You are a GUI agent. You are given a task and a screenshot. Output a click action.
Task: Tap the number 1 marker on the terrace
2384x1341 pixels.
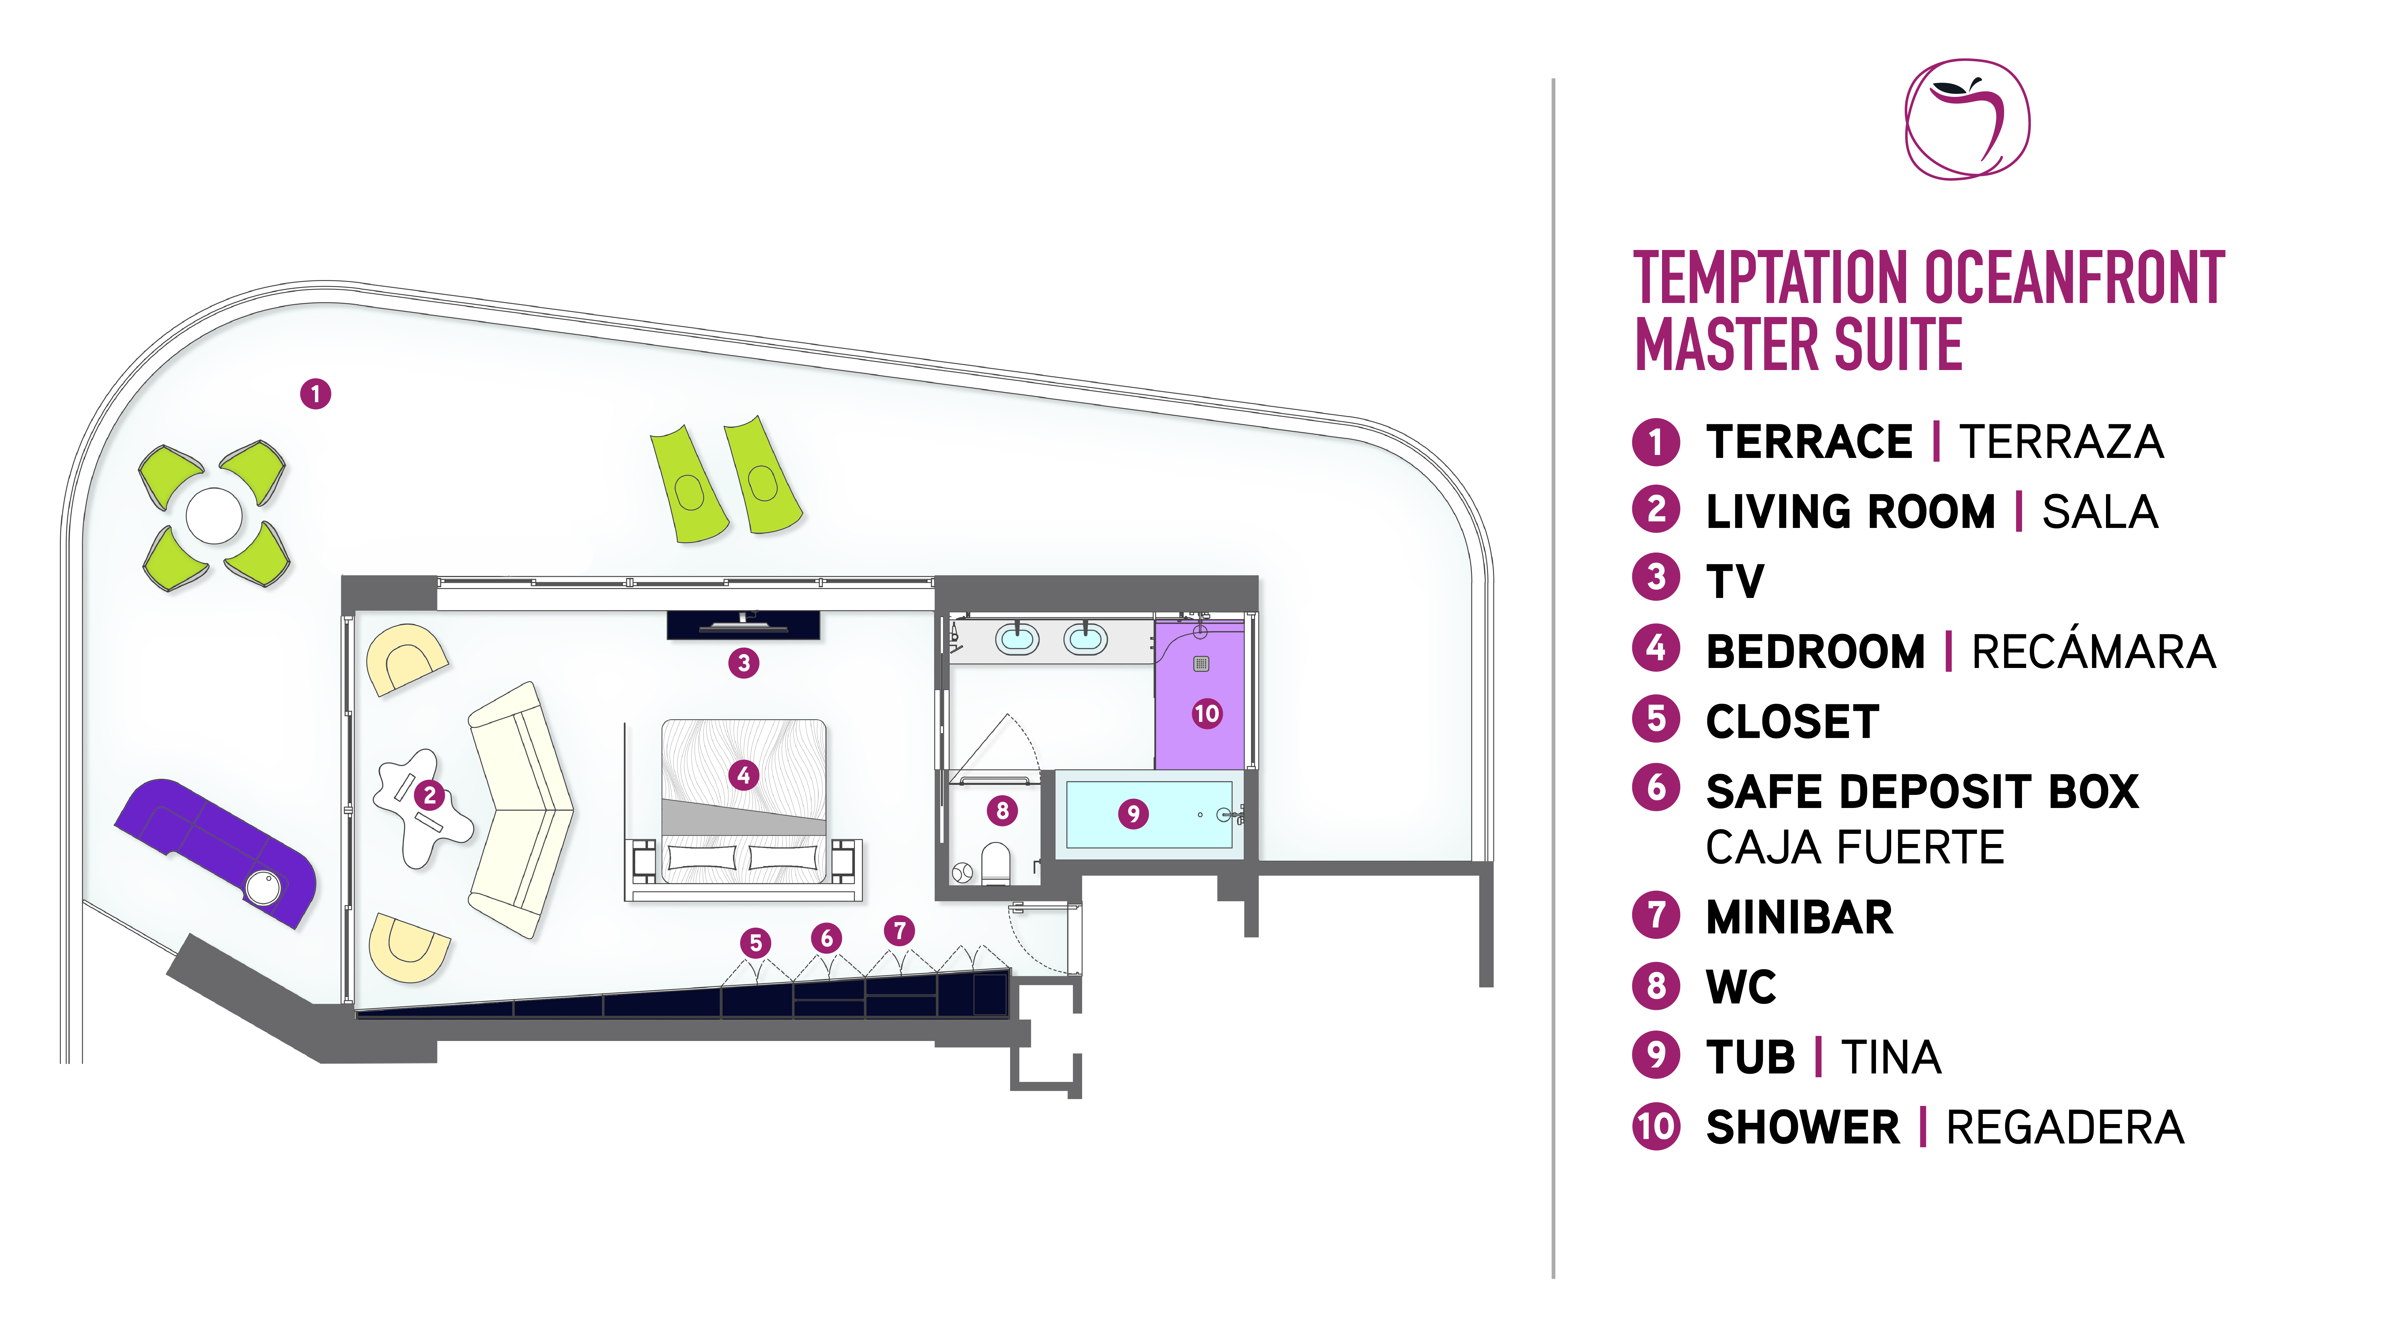click(x=316, y=394)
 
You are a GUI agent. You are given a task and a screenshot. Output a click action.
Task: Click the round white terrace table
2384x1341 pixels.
click(x=214, y=515)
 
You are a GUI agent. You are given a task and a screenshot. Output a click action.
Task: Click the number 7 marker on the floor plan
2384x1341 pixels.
click(x=899, y=930)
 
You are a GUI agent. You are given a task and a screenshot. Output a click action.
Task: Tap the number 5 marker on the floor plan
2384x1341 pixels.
click(x=755, y=943)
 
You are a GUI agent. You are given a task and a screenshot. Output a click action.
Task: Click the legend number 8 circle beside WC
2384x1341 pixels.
click(x=1656, y=986)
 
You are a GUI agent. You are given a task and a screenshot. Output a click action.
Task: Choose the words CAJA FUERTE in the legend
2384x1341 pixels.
click(x=1855, y=847)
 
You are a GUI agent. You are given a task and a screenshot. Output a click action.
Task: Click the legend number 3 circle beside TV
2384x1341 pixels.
click(x=1656, y=577)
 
